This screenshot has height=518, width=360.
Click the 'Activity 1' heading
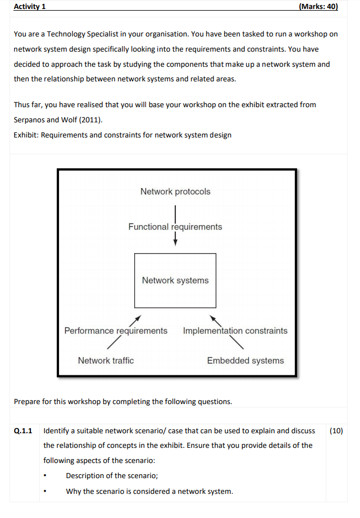tap(30, 7)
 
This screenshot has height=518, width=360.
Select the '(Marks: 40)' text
tap(318, 7)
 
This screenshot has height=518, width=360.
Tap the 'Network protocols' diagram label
tap(175, 191)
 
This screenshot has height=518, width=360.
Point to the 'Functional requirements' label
tap(175, 227)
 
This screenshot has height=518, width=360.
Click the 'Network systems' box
tap(175, 281)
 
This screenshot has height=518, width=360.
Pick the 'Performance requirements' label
tap(116, 331)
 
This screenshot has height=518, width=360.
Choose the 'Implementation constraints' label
tap(235, 331)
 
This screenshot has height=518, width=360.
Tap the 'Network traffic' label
tap(106, 360)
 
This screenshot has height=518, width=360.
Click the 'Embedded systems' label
tap(245, 360)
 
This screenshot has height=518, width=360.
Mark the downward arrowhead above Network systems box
tap(175, 243)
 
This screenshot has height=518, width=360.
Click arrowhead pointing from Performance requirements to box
tap(139, 318)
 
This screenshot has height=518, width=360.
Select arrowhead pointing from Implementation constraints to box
tap(213, 318)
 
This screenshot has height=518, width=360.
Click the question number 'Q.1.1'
tap(23, 431)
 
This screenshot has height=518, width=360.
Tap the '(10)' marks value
tap(336, 431)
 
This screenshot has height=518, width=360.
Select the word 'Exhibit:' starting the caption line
tap(26, 135)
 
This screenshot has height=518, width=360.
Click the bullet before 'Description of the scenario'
tap(45, 476)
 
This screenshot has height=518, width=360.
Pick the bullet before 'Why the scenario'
tap(45, 492)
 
